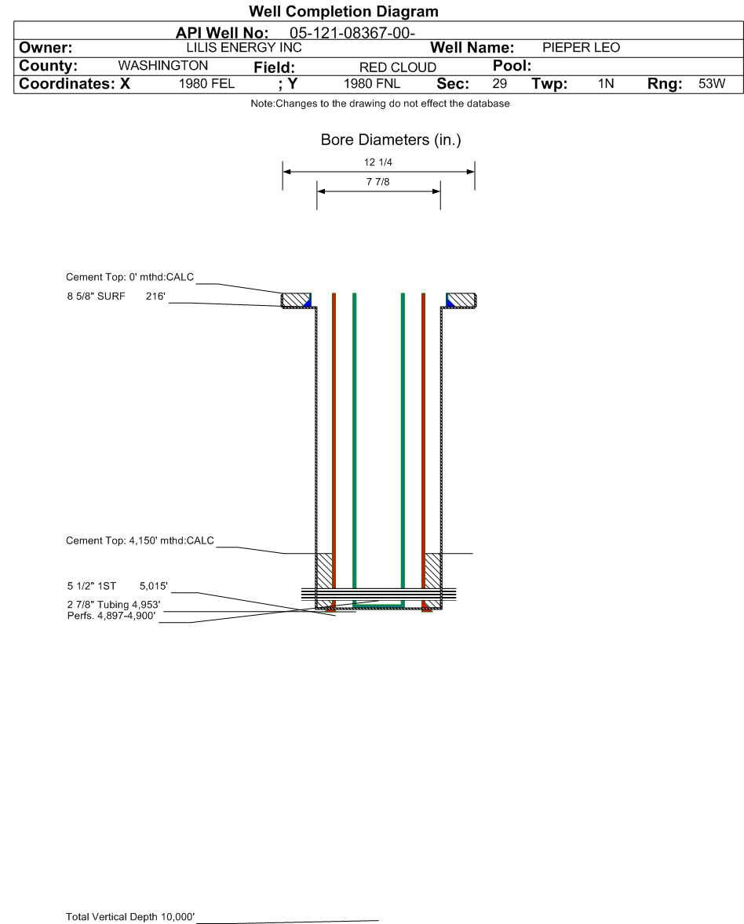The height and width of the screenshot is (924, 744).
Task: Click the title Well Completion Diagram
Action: (x=343, y=12)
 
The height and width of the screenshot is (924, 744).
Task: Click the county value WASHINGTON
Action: (x=162, y=65)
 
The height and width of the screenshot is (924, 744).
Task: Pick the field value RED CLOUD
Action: (x=397, y=67)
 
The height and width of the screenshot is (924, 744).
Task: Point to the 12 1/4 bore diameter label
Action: (x=379, y=163)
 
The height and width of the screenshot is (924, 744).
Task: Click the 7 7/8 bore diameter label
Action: (x=377, y=182)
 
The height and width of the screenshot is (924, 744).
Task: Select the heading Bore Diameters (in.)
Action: (x=391, y=140)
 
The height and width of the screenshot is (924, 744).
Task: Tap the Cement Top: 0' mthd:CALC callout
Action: (x=129, y=277)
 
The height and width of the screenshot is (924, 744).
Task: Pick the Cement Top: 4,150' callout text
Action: (x=140, y=540)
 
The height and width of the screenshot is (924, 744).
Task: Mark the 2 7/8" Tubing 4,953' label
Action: (x=114, y=605)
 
